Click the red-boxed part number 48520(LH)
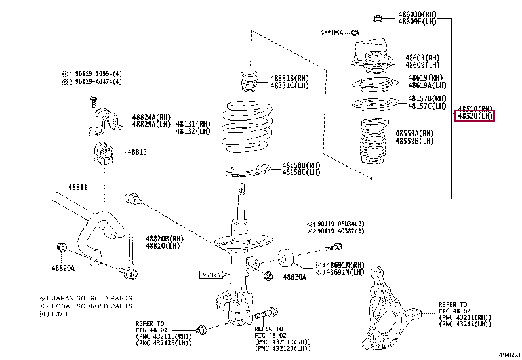tap(475, 116)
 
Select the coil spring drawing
tap(242, 127)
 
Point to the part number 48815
tap(137, 152)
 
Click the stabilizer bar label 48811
tap(77, 187)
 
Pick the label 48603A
tap(332, 32)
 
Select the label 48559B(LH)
tap(414, 140)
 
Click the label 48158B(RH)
tap(301, 165)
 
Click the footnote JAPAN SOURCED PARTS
tap(89, 297)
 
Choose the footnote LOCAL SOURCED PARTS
tap(89, 306)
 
